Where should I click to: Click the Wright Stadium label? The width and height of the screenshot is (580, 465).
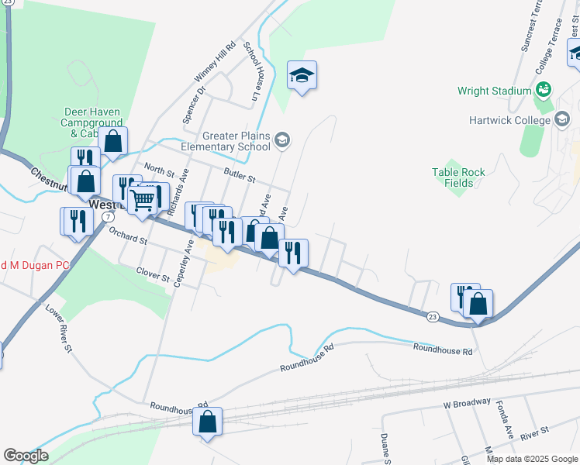[494, 91]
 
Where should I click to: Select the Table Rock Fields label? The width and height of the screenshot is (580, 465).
[458, 177]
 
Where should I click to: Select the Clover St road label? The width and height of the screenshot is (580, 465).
[153, 274]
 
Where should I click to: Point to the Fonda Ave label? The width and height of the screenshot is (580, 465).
[504, 421]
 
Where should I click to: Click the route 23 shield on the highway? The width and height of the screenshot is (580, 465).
[433, 316]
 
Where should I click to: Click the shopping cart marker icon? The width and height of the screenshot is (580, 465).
[143, 199]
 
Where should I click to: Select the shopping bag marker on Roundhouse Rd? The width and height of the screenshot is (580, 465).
[207, 422]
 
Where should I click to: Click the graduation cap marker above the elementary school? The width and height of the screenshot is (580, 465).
[302, 75]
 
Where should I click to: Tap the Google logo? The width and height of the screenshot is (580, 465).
[26, 456]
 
